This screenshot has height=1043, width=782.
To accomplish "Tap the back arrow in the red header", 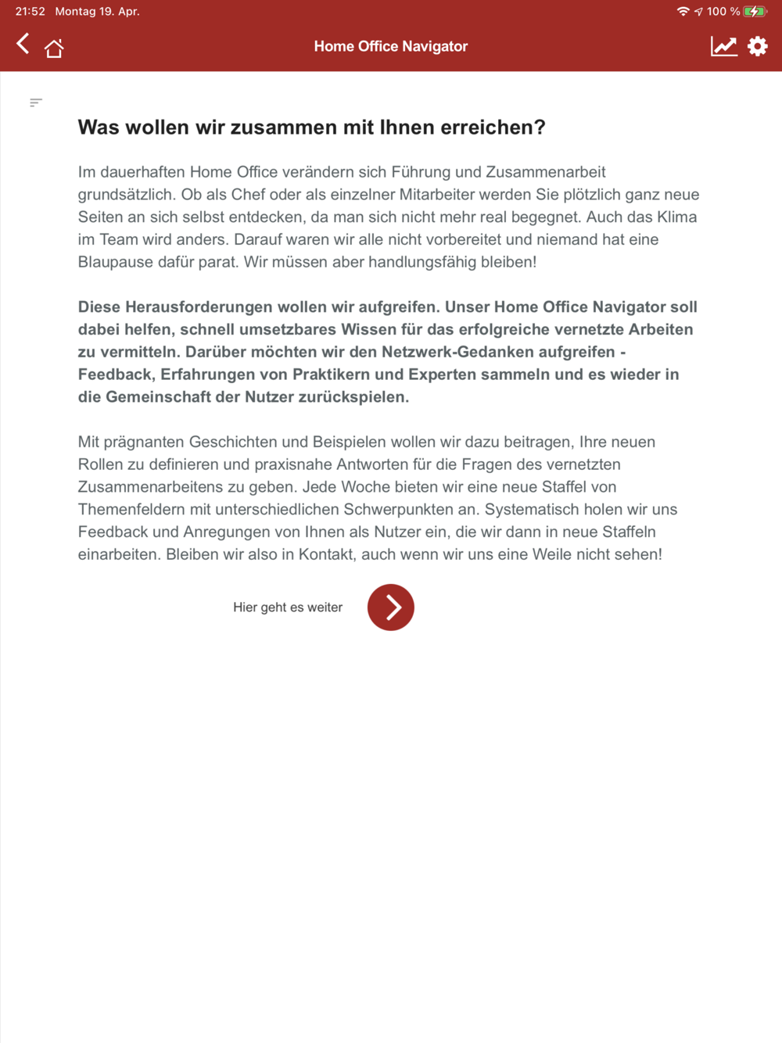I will point(23,44).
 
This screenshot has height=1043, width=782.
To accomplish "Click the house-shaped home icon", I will point(54,48).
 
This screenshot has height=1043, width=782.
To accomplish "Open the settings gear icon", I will point(757,46).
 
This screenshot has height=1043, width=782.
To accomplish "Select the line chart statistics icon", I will point(723,46).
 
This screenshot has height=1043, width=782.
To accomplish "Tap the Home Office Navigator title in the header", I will point(390,46).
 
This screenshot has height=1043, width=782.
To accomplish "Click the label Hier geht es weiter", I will point(288,608).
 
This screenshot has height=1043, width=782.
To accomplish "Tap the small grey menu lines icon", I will point(36,102).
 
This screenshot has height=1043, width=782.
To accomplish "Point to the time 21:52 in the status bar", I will point(30,12).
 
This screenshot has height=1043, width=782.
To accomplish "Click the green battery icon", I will point(755,12).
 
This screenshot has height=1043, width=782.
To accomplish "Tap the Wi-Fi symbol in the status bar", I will point(683,12).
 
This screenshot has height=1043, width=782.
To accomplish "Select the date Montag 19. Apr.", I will point(97,12).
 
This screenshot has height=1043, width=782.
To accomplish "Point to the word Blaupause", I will point(115,262).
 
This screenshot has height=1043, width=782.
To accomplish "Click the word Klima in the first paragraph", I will point(676,217).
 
